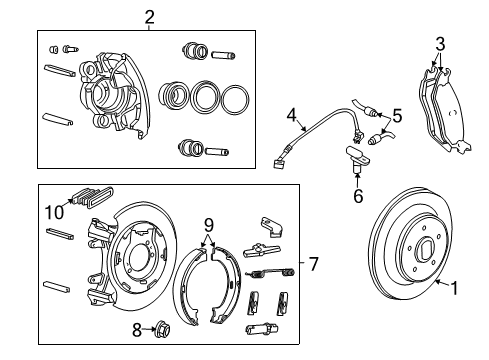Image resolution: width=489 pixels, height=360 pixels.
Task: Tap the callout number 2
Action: click(x=149, y=16)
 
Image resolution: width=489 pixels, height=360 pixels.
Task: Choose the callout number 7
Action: click(x=313, y=265)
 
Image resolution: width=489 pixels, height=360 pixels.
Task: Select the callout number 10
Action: click(x=53, y=211)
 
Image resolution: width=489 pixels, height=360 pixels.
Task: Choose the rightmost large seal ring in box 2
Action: click(x=235, y=98)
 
